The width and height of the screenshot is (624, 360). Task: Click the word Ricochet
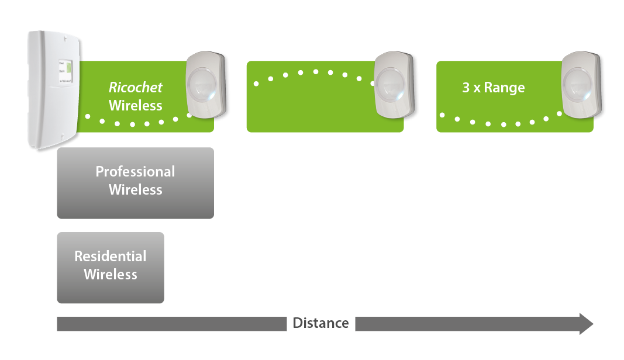(136, 88)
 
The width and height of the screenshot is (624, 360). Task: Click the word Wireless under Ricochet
(136, 106)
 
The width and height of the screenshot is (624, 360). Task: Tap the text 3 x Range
(493, 88)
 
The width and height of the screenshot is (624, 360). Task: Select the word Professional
(135, 172)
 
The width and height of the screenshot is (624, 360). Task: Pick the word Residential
(111, 257)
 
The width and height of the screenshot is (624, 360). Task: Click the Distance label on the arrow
(320, 323)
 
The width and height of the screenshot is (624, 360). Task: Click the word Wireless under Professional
(136, 190)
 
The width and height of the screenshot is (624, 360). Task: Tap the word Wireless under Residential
(111, 275)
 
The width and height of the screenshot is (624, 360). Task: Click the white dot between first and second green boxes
(242, 90)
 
